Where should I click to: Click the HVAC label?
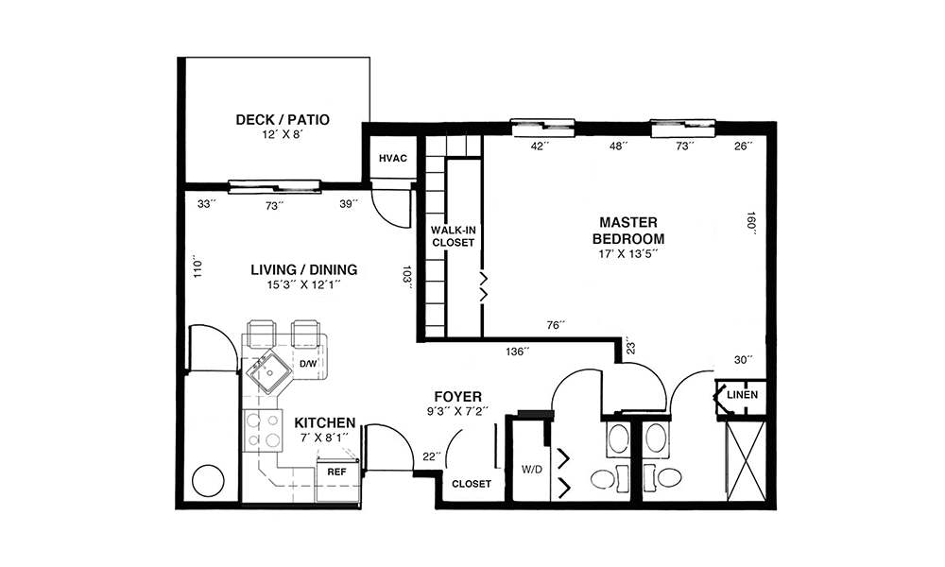coord(393,159)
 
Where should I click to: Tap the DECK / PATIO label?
coord(283,119)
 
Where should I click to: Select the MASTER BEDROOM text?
coord(628,231)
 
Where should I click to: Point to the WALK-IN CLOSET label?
coord(454,236)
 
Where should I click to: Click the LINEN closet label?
coord(742,395)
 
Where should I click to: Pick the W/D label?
coord(531,470)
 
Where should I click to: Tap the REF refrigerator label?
coord(336,472)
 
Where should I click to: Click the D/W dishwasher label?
coord(308,364)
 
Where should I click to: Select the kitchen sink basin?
coord(266,371)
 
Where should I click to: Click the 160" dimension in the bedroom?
coord(751,223)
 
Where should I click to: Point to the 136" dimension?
coord(518,352)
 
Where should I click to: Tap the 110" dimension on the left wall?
coord(198,268)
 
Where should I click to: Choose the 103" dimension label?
coord(407,277)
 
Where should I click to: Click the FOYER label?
coord(458,397)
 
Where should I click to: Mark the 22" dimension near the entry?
coord(431,456)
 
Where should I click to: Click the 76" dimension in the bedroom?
coord(556,325)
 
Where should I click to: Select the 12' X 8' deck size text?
coord(282,134)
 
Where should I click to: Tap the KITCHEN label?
coord(325,422)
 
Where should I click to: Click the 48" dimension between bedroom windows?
coord(618,146)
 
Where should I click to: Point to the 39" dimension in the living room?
coord(349,204)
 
